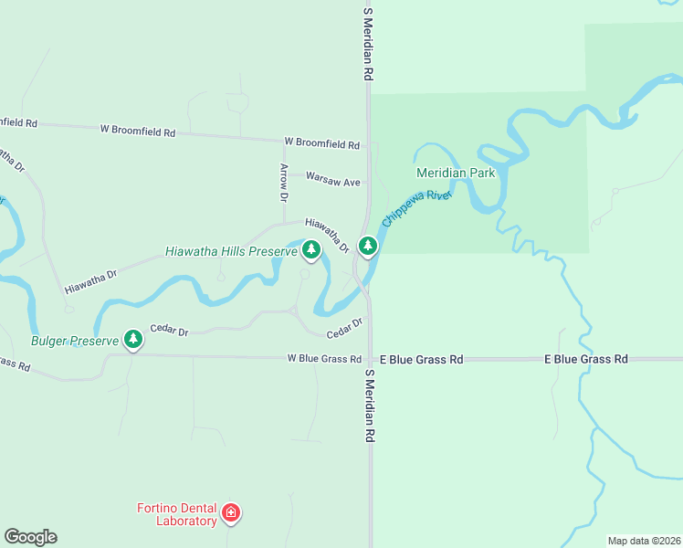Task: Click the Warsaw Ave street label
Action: click(332, 181)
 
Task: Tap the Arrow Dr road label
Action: click(284, 183)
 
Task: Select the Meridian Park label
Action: click(455, 173)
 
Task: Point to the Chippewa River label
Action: click(417, 209)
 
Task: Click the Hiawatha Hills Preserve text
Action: click(231, 251)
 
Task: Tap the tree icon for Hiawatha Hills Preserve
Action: click(311, 248)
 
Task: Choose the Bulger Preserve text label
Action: click(74, 341)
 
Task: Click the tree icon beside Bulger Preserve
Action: click(133, 340)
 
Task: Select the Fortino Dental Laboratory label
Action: click(177, 514)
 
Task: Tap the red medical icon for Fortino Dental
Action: click(231, 513)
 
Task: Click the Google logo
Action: click(30, 537)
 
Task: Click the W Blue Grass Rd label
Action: click(324, 359)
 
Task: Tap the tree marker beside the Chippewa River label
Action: click(368, 246)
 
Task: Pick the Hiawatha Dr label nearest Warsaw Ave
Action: click(327, 235)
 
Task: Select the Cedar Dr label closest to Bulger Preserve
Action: click(169, 331)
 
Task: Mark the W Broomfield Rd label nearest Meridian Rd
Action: click(321, 143)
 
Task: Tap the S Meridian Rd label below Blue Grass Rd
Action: click(371, 406)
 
